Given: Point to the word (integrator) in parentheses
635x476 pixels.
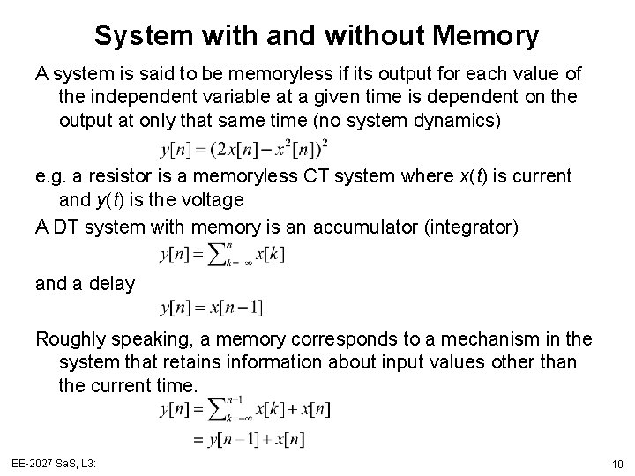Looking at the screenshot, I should point(472,227).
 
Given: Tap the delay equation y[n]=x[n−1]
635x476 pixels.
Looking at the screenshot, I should point(212,309).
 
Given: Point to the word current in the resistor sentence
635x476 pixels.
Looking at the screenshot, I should point(542,177).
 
